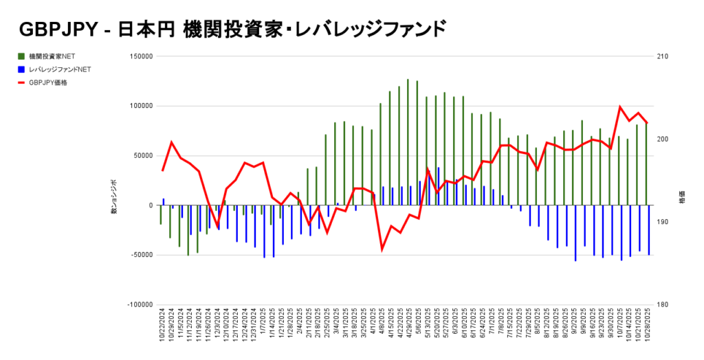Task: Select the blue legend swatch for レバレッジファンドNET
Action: tap(22, 69)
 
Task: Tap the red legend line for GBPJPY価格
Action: tap(22, 82)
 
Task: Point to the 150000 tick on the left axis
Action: tap(140, 57)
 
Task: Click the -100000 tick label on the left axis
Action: tap(138, 304)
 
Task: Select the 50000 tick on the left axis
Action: tap(142, 156)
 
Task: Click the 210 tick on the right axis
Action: tap(663, 57)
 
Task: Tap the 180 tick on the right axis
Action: tap(663, 304)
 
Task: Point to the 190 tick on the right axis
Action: tap(663, 222)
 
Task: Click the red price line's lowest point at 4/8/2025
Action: tap(382, 249)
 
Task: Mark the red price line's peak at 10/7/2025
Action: tap(620, 106)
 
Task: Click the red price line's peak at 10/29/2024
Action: tap(172, 142)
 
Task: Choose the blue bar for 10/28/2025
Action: tap(649, 230)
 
